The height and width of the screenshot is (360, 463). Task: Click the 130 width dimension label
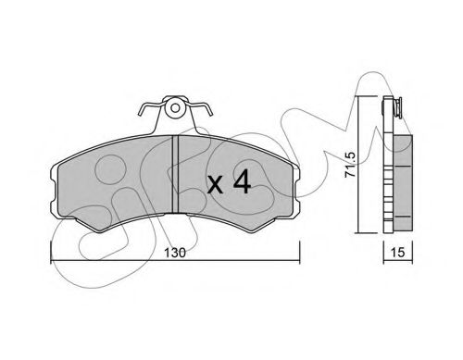pyautogui.click(x=175, y=253)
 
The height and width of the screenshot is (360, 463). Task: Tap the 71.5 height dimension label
pyautogui.click(x=351, y=165)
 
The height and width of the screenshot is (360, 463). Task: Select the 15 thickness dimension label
pyautogui.click(x=397, y=253)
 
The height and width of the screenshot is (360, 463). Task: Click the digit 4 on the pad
pyautogui.click(x=242, y=182)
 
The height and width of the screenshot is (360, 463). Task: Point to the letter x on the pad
pyautogui.click(x=215, y=185)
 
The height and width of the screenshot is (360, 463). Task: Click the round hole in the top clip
pyautogui.click(x=175, y=108)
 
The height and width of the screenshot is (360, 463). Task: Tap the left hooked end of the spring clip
pyautogui.click(x=141, y=111)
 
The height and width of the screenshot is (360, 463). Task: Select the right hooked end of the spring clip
pyautogui.click(x=210, y=111)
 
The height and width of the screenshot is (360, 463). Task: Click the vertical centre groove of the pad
pyautogui.click(x=175, y=174)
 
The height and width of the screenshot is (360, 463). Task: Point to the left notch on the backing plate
pyautogui.click(x=53, y=193)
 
